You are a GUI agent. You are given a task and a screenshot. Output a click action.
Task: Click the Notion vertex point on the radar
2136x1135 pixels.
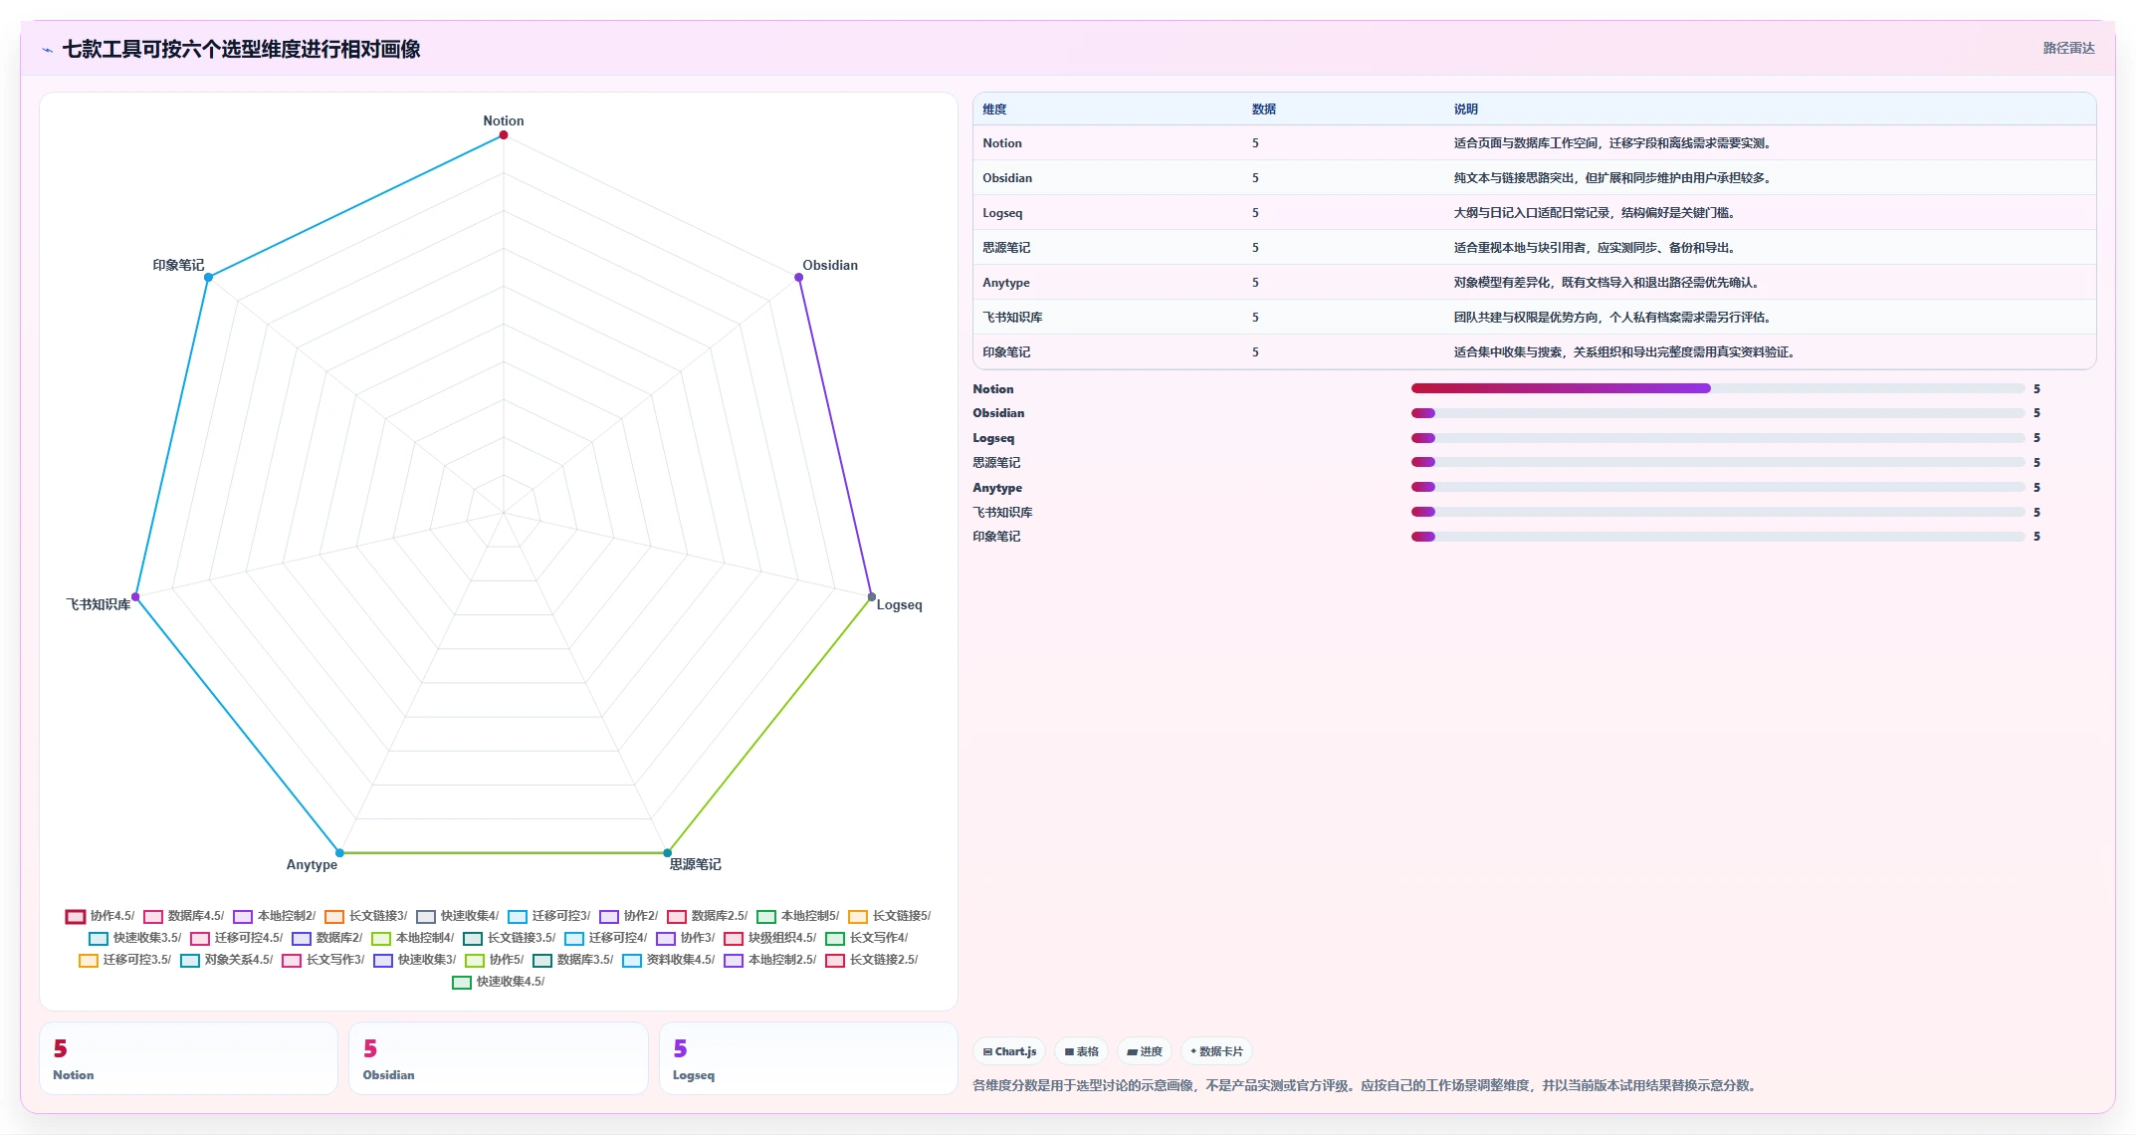504,135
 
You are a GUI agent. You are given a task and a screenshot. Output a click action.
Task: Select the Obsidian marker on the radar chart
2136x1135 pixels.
799,278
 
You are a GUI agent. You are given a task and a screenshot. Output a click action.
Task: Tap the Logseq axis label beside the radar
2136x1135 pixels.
899,605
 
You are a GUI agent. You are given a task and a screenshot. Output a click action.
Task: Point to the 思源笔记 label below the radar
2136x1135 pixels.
695,864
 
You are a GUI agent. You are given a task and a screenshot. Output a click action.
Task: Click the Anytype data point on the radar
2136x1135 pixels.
339,853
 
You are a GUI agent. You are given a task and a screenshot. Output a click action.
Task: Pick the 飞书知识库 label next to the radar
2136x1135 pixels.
99,605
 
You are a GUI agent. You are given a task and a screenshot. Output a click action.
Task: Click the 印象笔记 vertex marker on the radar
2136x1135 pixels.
208,278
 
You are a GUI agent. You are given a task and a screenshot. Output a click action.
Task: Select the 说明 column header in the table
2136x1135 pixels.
1465,110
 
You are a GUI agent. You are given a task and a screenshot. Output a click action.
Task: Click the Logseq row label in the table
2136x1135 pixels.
1002,213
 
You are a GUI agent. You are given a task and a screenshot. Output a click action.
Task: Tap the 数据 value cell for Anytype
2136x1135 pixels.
1255,283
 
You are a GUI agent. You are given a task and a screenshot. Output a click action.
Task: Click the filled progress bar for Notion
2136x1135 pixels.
1561,388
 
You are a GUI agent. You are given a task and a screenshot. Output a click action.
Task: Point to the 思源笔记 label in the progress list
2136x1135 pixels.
996,463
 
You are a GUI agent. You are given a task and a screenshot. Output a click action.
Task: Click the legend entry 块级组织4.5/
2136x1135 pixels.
770,938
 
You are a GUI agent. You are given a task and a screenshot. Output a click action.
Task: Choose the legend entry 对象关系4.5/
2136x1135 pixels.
227,960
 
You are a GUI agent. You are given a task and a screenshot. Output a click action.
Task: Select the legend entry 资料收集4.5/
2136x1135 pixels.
669,960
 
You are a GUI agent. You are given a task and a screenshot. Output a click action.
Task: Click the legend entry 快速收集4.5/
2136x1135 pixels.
499,982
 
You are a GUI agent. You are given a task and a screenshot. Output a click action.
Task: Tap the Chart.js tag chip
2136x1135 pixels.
1009,1051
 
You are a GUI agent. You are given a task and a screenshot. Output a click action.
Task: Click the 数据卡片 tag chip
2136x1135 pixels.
1216,1051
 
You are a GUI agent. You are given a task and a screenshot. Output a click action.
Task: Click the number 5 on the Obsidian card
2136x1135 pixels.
370,1048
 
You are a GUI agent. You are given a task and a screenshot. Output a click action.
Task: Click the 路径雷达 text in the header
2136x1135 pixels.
2068,48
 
